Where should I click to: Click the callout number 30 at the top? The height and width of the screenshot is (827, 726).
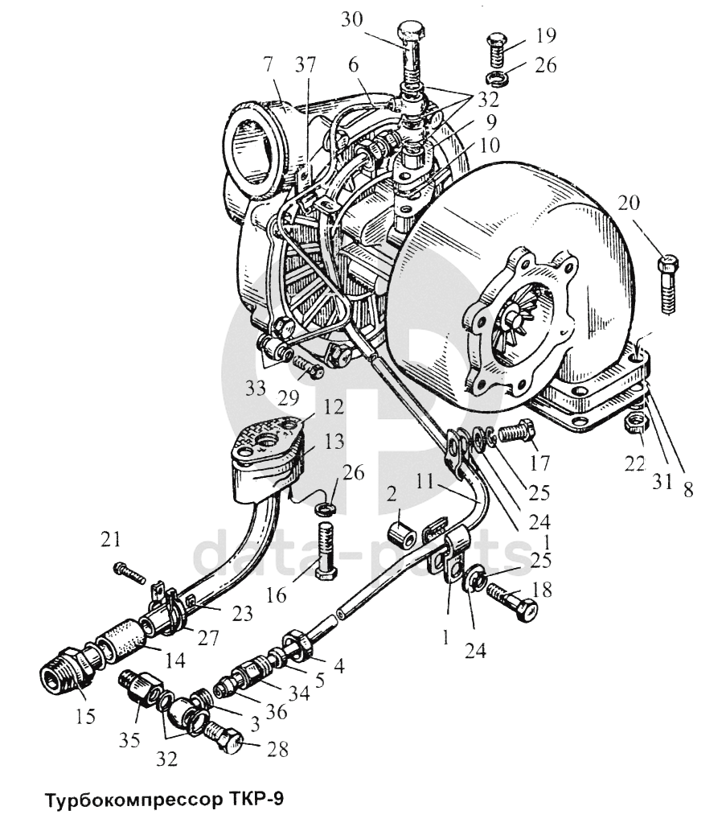pos(351,19)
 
